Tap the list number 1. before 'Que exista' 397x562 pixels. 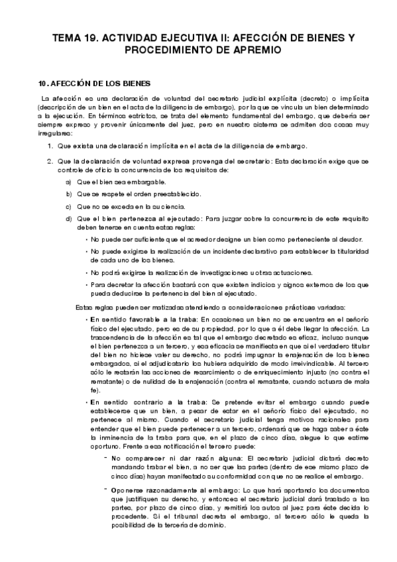pos(50,146)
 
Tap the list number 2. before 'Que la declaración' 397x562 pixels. pos(50,161)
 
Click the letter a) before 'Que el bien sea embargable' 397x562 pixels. pos(69,182)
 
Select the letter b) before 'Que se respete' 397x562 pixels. pos(69,194)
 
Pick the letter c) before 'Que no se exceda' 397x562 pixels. pos(69,205)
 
